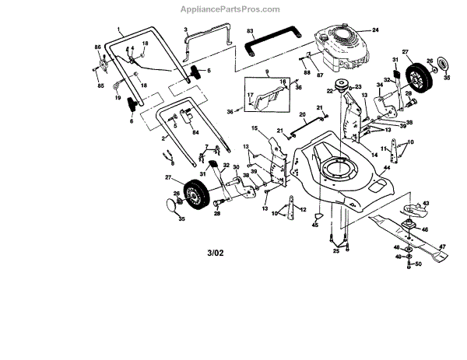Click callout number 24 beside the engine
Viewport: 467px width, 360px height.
375,30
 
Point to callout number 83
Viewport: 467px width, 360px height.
251,30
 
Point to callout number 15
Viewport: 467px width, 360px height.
254,128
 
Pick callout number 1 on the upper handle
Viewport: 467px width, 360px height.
120,30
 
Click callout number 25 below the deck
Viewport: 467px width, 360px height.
337,250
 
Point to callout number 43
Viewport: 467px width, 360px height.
426,204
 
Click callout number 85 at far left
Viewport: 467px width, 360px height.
99,85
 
